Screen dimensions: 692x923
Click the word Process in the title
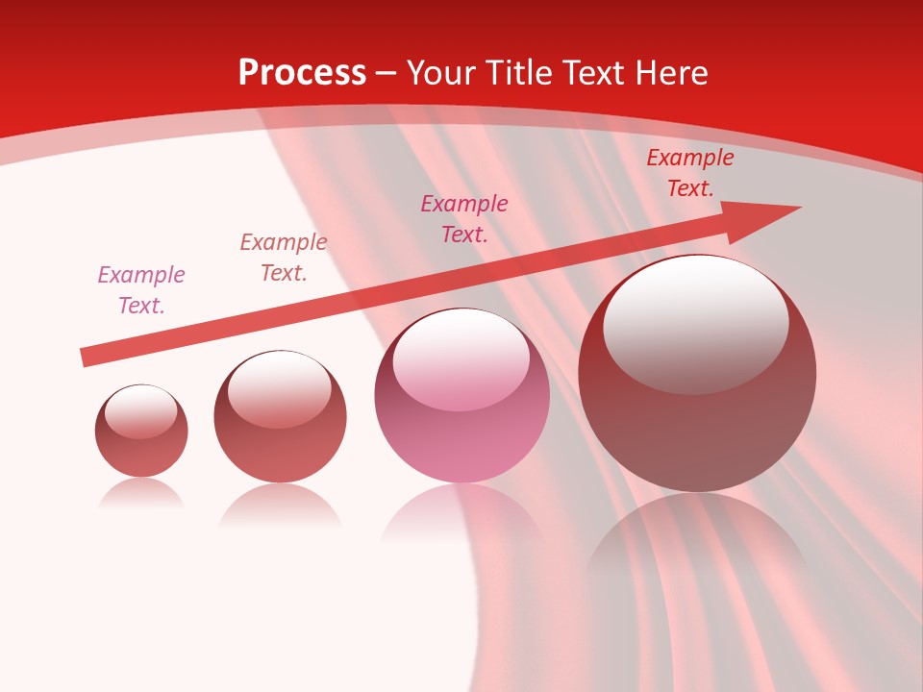(x=302, y=73)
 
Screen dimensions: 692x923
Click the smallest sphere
(x=141, y=431)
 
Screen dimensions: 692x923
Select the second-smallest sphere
(x=280, y=416)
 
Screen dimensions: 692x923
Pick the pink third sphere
(x=461, y=396)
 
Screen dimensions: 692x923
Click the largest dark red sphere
(x=697, y=373)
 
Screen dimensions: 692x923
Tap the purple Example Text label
(x=141, y=289)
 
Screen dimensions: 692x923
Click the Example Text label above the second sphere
(x=284, y=257)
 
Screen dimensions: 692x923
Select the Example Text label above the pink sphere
(x=464, y=218)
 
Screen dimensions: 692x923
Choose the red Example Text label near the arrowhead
(x=690, y=173)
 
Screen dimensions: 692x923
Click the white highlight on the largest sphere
(x=696, y=322)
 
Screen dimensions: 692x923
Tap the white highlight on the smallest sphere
(x=141, y=410)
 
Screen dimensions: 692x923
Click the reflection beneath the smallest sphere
(x=141, y=494)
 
